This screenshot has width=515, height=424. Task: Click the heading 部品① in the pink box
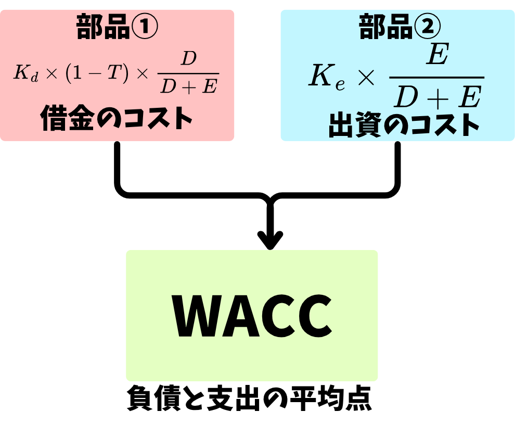(x=117, y=27)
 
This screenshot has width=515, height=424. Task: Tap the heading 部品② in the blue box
(x=400, y=27)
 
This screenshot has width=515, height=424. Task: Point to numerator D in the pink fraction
(x=188, y=59)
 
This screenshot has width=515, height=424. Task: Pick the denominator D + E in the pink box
(x=188, y=86)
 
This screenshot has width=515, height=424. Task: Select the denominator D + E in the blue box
(x=436, y=97)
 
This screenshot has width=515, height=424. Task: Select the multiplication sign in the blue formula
(x=366, y=79)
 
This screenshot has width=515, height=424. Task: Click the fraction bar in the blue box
(x=436, y=78)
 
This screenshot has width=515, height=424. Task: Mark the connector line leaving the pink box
(x=118, y=167)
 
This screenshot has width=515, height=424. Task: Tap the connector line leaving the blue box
(x=398, y=167)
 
